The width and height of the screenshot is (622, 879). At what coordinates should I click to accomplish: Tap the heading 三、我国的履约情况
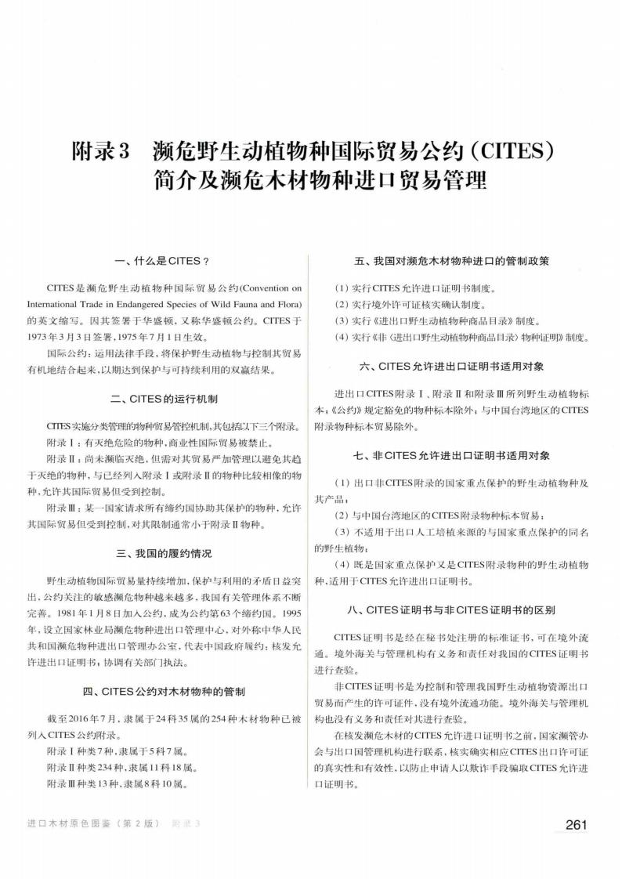click(x=163, y=554)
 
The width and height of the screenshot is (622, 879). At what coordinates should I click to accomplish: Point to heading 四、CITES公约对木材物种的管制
click(x=163, y=692)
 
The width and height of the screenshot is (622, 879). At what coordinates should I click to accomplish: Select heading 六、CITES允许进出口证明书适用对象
click(x=461, y=366)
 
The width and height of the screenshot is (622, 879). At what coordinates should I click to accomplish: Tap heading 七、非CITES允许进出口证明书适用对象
click(x=461, y=455)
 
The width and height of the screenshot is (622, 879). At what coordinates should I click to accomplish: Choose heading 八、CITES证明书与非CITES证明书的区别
click(x=461, y=609)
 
